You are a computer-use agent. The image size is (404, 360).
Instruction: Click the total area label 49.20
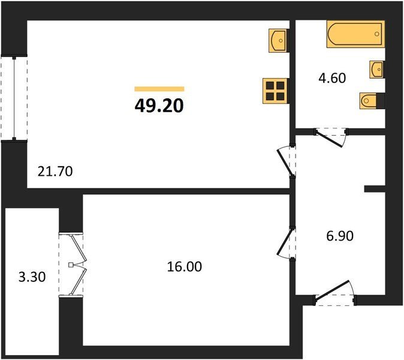159,106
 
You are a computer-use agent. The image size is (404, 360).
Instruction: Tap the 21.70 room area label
55,172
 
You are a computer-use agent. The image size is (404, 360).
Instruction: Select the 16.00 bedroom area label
185,266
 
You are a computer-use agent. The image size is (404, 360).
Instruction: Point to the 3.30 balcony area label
32,277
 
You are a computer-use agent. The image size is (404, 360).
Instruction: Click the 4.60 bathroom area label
332,78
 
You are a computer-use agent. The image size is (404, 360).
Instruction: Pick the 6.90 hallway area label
340,236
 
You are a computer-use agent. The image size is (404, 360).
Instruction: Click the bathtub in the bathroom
355,34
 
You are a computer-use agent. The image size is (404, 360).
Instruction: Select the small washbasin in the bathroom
376,70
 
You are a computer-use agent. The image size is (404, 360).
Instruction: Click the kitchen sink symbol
278,40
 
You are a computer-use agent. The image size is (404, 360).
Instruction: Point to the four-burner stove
275,91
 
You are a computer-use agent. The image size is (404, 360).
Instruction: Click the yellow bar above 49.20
159,89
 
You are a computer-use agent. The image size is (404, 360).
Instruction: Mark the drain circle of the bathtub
376,34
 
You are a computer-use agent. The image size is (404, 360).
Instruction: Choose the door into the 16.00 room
285,244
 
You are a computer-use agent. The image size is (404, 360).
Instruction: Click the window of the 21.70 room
14,98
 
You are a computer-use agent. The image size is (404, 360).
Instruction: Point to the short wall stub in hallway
375,189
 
